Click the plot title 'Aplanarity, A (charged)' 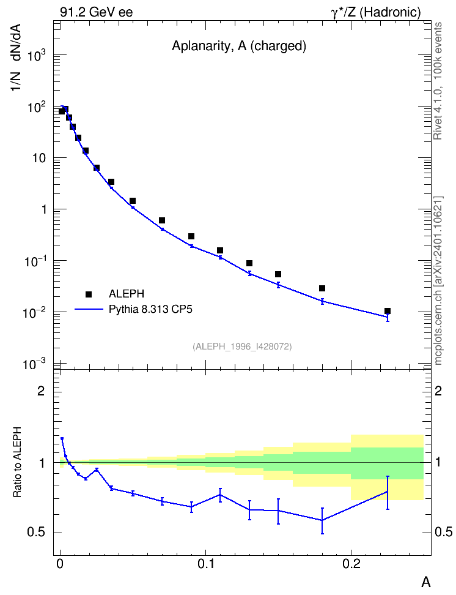[239, 46]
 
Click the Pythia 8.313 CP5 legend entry [133, 310]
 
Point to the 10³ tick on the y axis [37, 56]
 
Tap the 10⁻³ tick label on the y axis [34, 365]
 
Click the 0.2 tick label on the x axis [351, 564]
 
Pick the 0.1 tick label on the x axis [206, 564]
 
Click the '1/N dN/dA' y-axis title [15, 58]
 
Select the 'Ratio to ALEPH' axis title [17, 462]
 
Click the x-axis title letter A [426, 582]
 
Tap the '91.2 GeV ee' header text [97, 12]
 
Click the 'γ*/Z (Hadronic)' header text [376, 12]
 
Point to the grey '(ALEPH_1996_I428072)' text [242, 346]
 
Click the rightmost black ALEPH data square [388, 311]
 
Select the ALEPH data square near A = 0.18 [322, 288]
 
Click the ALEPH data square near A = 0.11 [220, 250]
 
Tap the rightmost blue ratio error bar [388, 493]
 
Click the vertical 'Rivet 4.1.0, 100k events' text [438, 81]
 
